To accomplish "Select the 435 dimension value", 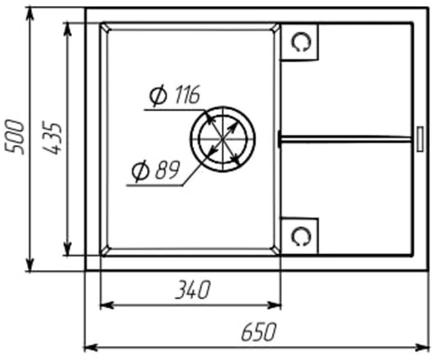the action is (x=52, y=138).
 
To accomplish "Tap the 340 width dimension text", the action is (x=193, y=290).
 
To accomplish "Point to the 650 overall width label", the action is (x=259, y=332).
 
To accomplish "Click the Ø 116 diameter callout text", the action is (x=175, y=95).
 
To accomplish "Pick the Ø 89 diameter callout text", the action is (x=156, y=170).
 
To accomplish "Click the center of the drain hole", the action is (x=222, y=138).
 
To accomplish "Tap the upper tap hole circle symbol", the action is (x=301, y=42).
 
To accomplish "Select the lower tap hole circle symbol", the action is (x=301, y=236).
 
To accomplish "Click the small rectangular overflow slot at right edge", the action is (x=420, y=138).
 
